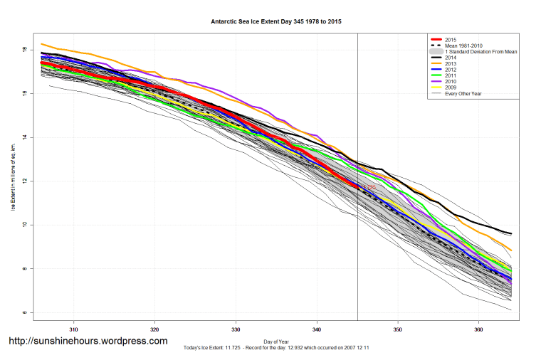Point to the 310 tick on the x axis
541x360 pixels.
click(x=73, y=329)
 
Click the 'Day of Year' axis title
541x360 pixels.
click(x=275, y=340)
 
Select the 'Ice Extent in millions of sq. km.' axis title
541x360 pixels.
click(x=12, y=176)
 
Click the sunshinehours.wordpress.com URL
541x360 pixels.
click(x=88, y=341)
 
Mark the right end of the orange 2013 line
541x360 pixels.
click(x=511, y=250)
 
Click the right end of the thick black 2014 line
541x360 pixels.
click(x=511, y=234)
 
